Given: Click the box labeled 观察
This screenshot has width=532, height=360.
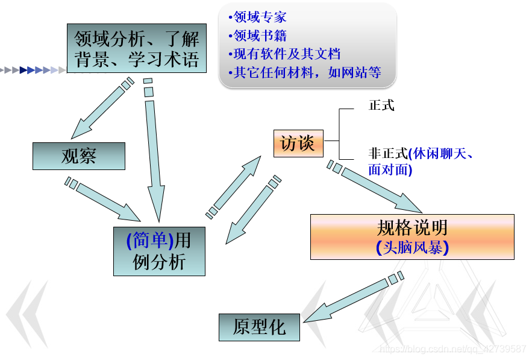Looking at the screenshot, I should pyautogui.click(x=78, y=156).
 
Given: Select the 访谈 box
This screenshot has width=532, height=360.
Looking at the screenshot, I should pyautogui.click(x=298, y=144).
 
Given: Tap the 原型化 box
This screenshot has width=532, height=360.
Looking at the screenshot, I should pyautogui.click(x=258, y=327).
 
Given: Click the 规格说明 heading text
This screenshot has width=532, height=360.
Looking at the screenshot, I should pyautogui.click(x=412, y=227).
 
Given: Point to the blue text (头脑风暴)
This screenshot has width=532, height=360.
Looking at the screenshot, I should pyautogui.click(x=412, y=247).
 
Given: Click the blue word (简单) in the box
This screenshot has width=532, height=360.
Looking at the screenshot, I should pyautogui.click(x=150, y=241).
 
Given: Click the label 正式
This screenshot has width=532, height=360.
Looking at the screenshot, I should pyautogui.click(x=381, y=105).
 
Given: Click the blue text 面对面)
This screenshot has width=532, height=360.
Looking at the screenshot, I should pyautogui.click(x=390, y=170).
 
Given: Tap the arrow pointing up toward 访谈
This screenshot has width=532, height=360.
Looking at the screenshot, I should pyautogui.click(x=236, y=185).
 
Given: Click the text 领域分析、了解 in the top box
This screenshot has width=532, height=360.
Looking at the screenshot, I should pyautogui.click(x=137, y=40).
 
